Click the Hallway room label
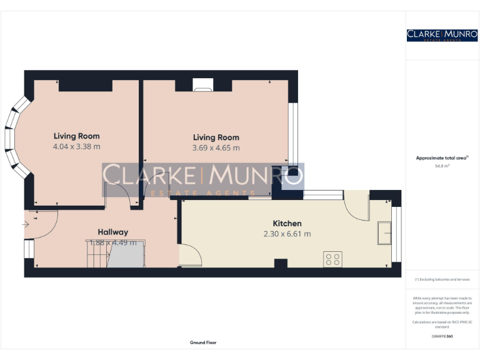112,232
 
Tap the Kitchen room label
287,224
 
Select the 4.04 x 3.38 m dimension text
76,147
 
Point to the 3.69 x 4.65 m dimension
216,148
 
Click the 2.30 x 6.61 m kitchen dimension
287,234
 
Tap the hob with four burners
332,258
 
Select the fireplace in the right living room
202,86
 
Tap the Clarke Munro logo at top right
442,35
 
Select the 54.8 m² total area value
442,166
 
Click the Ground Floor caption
203,342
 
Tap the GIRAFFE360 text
442,337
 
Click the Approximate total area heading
442,158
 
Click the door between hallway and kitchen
190,254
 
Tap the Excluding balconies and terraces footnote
442,279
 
